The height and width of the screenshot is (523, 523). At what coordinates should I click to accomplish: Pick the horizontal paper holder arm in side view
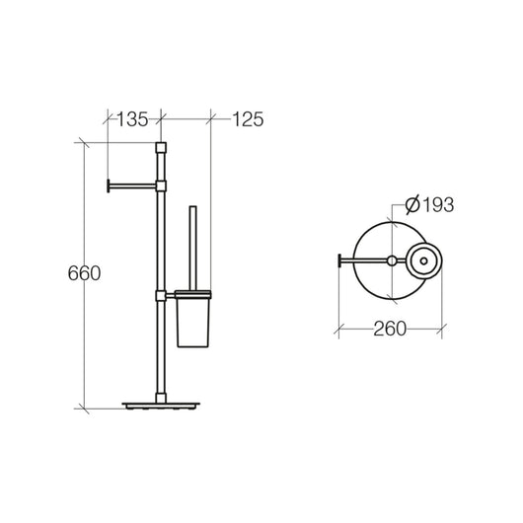pyautogui.click(x=132, y=184)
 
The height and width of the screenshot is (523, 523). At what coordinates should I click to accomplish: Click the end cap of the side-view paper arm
pyautogui.click(x=107, y=184)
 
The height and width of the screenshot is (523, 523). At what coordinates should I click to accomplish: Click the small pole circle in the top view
pyautogui.click(x=393, y=261)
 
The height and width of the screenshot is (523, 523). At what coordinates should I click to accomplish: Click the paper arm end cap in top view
pyautogui.click(x=341, y=261)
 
